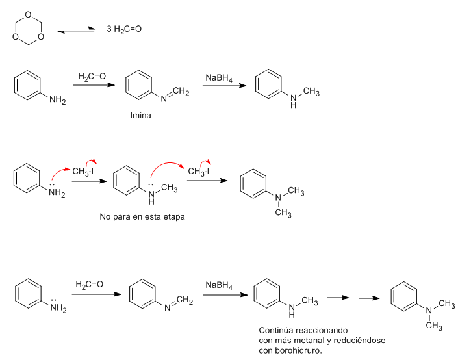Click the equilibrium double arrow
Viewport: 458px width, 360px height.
pyautogui.click(x=76, y=30)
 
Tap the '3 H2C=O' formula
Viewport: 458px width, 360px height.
pyautogui.click(x=124, y=29)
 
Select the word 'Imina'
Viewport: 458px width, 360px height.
pyautogui.click(x=140, y=116)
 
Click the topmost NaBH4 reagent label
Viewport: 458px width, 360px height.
pyautogui.click(x=219, y=78)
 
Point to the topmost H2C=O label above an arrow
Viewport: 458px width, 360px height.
pyautogui.click(x=92, y=77)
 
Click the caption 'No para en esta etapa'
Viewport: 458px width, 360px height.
pyautogui.click(x=142, y=217)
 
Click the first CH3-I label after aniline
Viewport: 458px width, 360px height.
pyautogui.click(x=83, y=172)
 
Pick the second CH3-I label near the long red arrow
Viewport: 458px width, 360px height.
pyautogui.click(x=198, y=172)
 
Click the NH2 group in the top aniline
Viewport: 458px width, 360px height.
pyautogui.click(x=58, y=100)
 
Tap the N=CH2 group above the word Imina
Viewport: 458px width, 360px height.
pyautogui.click(x=175, y=94)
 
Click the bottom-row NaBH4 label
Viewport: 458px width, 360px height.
pyautogui.click(x=219, y=285)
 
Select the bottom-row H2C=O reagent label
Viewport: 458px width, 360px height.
pyautogui.click(x=90, y=285)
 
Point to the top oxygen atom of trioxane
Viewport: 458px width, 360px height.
pyautogui.click(x=29, y=14)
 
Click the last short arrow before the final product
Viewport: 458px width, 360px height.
pyautogui.click(x=369, y=298)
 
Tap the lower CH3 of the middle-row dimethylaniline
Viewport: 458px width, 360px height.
pyautogui.click(x=283, y=213)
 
